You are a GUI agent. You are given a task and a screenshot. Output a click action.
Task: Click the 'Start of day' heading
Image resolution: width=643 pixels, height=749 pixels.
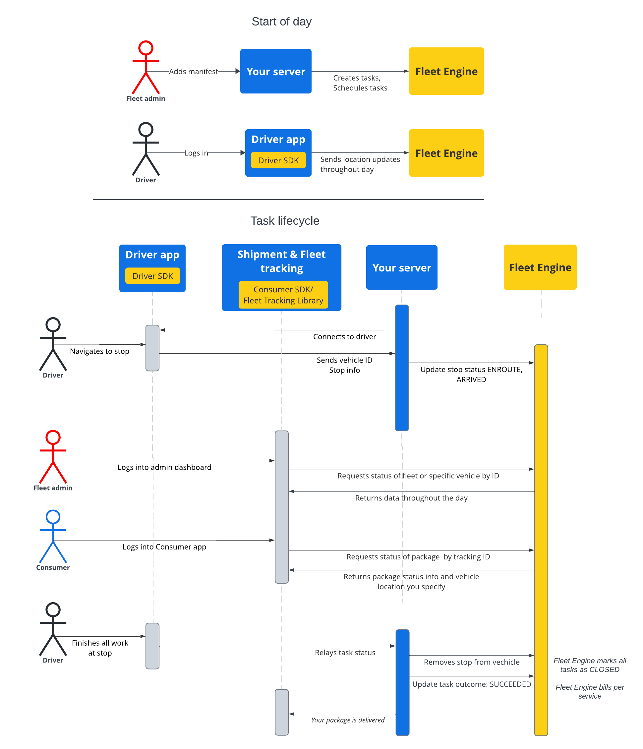281,22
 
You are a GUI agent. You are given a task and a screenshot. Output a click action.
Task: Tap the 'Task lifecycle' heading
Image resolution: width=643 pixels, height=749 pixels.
284,221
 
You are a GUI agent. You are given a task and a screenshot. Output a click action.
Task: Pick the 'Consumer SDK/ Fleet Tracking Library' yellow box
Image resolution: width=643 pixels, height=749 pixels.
283,295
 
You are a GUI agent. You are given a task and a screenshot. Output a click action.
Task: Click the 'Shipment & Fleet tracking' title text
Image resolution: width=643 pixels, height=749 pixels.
281,261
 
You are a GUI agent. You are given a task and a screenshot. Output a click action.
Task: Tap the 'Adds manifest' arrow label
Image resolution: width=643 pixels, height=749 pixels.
193,72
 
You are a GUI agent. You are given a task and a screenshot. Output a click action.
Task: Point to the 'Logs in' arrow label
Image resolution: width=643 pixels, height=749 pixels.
196,153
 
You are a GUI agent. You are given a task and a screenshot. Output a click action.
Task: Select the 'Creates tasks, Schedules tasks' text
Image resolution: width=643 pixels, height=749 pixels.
360,83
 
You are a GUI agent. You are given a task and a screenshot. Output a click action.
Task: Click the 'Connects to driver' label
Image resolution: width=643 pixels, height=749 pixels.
344,336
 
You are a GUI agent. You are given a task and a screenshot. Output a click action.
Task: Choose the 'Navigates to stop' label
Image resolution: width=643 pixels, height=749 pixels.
99,351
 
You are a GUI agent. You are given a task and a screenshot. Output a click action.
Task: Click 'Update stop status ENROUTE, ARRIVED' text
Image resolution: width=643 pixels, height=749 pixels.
471,375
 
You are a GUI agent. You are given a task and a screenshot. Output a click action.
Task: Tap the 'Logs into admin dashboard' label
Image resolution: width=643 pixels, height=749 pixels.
164,467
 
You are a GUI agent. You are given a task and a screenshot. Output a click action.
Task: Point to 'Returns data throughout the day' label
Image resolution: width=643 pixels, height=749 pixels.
411,498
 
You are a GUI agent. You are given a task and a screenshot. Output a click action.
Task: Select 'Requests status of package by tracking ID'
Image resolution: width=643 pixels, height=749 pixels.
418,557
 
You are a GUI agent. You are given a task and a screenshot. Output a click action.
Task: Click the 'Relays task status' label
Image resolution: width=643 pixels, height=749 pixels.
345,653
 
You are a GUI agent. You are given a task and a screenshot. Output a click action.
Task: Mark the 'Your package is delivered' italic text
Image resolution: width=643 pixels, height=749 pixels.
348,720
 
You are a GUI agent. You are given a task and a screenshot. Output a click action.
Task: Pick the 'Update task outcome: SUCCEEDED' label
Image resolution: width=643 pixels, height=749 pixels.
471,684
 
